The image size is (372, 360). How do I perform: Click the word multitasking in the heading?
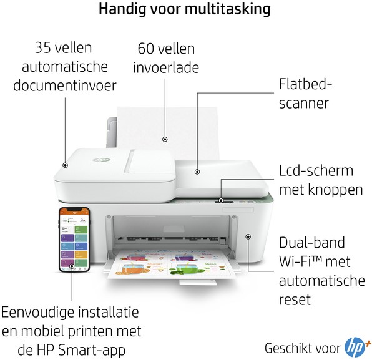pos(228,9)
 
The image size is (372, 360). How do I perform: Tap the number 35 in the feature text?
pos(43,47)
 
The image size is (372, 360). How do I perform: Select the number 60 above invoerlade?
pos(145,49)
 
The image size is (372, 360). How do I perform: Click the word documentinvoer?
pos(65,85)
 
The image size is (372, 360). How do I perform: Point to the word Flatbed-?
pos(305,84)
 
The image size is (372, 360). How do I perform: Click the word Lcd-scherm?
pos(316,170)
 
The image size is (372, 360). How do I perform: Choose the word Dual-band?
pos(312,242)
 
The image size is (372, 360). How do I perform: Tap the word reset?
pos(295,299)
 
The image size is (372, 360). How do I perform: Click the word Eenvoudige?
pos(37,313)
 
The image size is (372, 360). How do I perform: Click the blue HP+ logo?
pos(357,348)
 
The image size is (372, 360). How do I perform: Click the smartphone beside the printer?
pos(74,240)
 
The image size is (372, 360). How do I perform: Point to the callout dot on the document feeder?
pos(65,165)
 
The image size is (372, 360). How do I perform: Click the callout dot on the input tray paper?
pos(165,139)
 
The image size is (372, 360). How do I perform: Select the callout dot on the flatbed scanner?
pos(197,172)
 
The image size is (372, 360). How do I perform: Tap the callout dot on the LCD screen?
pos(221,200)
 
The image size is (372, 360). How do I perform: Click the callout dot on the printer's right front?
pos(248,236)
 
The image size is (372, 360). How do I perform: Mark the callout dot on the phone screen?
pos(72,266)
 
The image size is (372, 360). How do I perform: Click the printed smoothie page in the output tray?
pos(171,263)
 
